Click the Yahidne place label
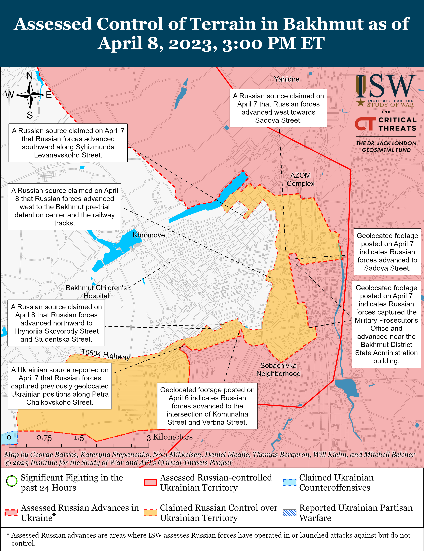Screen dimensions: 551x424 (x=287, y=79)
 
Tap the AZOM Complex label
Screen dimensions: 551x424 (x=300, y=179)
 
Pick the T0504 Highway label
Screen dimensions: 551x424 (x=105, y=354)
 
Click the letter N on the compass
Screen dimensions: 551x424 (x=30, y=75)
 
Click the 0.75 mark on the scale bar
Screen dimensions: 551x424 (x=44, y=437)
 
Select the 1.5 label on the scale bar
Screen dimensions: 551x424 (x=79, y=437)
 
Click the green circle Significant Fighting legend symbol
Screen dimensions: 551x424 (x=12, y=481)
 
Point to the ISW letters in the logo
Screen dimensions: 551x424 (x=386, y=86)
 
